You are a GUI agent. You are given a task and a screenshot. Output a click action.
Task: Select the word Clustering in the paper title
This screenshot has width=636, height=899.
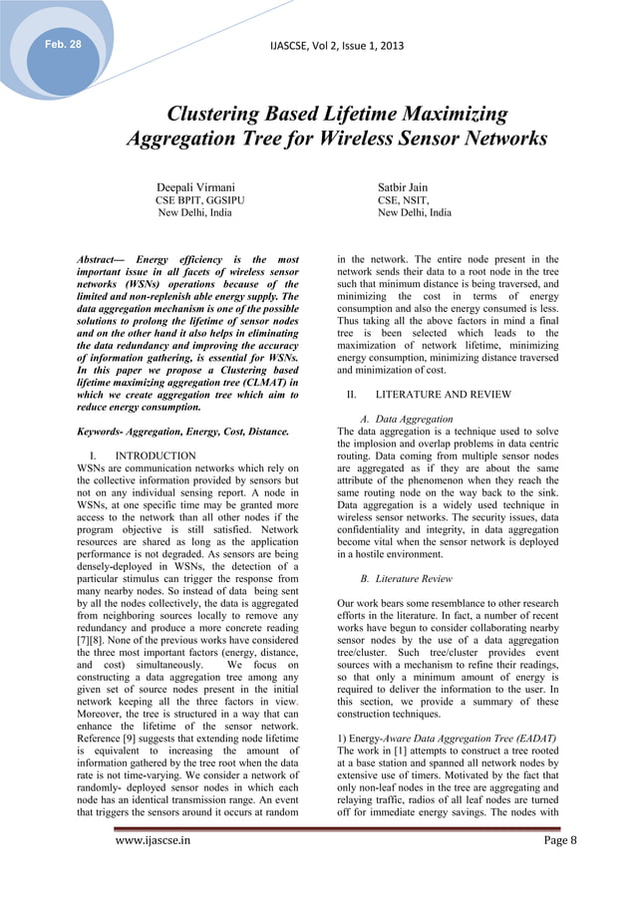point(219,115)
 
